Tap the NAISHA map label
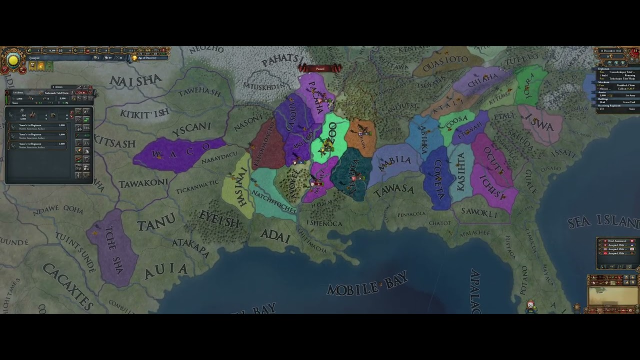(x=135, y=80)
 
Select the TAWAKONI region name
(x=143, y=183)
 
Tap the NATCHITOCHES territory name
(x=274, y=200)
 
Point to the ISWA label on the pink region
(x=540, y=122)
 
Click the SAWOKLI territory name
(x=479, y=213)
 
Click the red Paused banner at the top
(x=320, y=68)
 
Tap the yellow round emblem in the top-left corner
(x=13, y=60)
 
